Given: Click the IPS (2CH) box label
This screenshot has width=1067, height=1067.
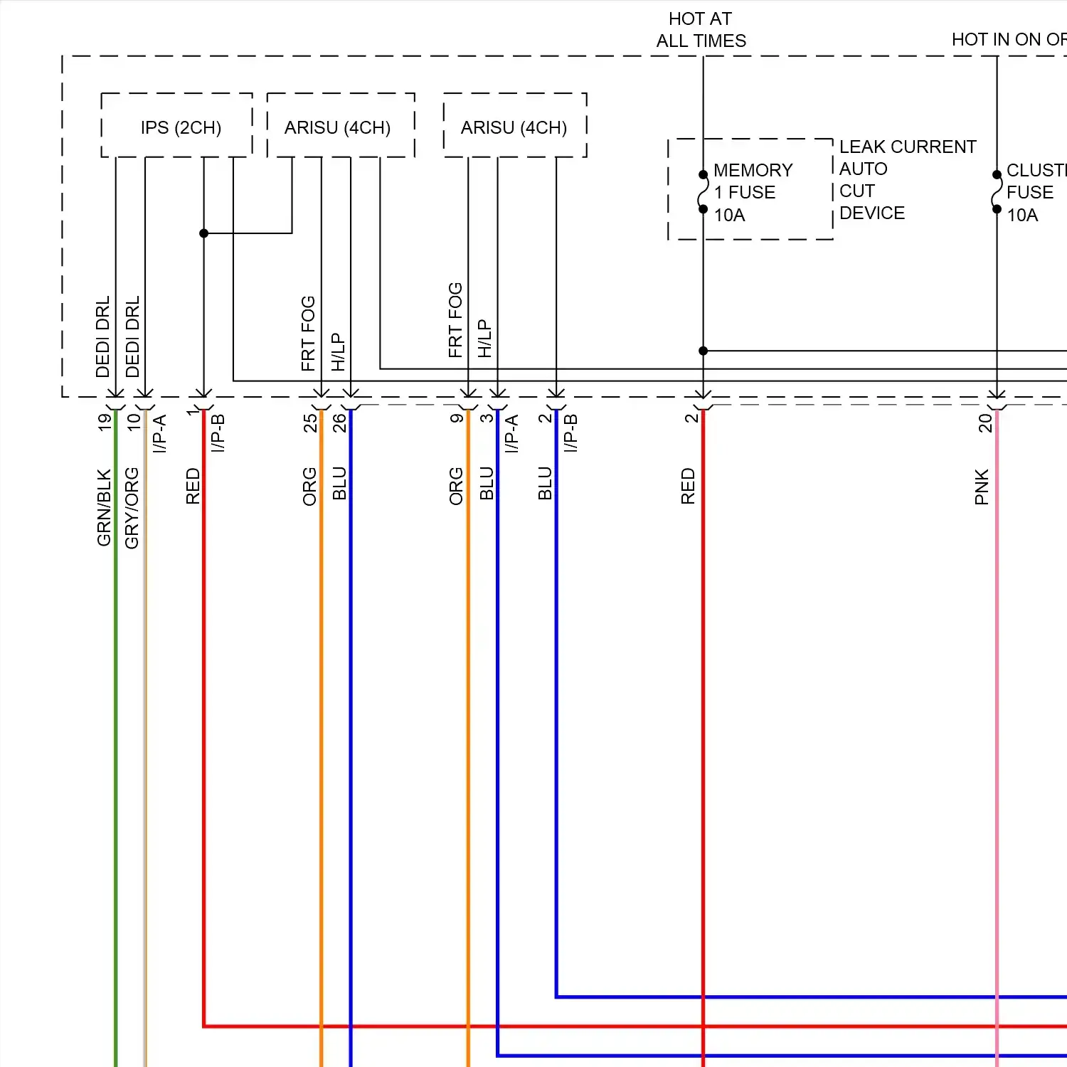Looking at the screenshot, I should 181,127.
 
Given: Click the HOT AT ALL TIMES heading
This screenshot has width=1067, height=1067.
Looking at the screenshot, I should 701,30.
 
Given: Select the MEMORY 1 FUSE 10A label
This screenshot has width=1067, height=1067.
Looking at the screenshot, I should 753,192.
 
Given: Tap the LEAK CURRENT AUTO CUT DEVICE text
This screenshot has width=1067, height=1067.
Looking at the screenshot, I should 907,179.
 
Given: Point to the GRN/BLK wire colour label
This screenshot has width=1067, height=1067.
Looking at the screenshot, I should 104,506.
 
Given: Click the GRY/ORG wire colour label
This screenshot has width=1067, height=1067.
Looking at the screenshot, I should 132,507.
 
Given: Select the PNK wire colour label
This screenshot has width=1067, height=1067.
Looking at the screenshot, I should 982,487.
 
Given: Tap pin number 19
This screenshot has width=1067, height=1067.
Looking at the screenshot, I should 105,422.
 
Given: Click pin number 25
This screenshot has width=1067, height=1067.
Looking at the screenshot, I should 310,423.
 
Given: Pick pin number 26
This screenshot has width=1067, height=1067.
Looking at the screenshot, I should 339,423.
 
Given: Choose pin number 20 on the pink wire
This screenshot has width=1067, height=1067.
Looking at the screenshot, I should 984,423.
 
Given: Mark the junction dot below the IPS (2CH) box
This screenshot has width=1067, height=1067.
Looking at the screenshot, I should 203,233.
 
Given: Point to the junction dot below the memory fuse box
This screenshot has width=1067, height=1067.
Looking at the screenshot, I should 703,351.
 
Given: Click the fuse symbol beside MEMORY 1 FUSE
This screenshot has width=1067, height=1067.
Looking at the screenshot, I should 703,192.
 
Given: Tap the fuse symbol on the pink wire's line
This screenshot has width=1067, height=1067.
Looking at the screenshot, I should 997,192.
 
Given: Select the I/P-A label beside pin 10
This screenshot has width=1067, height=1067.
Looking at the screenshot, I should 160,433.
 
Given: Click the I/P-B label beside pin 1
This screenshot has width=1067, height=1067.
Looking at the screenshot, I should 218,433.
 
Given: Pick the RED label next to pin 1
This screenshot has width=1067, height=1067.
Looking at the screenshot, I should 193,486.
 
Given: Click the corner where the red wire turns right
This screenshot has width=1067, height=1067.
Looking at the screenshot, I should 204,1026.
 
